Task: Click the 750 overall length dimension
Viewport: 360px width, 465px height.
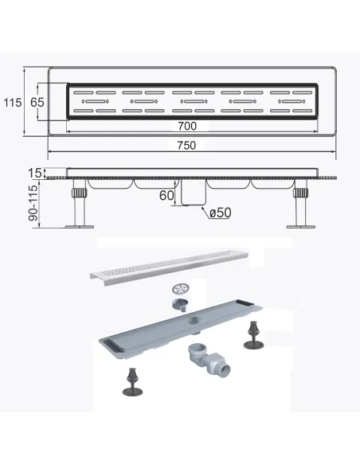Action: tap(186, 145)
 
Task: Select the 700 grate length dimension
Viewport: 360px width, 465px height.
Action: tap(187, 126)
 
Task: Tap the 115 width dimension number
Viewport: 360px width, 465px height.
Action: tap(13, 103)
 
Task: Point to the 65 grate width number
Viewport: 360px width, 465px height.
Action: tap(37, 102)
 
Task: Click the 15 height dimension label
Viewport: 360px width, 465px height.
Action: tap(35, 173)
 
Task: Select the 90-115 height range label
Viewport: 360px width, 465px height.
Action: tap(34, 203)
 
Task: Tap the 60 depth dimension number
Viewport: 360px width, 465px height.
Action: tap(166, 195)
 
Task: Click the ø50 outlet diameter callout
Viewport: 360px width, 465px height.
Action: tap(221, 213)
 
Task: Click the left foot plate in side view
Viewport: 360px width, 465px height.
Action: tap(80, 227)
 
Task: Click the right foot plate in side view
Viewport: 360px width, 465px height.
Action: tap(301, 227)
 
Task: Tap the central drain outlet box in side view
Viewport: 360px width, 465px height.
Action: tap(194, 192)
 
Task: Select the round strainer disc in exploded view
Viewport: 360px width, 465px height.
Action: tap(180, 289)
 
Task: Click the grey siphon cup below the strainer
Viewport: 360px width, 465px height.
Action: tap(180, 305)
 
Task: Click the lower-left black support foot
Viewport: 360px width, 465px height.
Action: tap(132, 381)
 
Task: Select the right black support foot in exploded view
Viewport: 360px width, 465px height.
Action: tap(253, 335)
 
